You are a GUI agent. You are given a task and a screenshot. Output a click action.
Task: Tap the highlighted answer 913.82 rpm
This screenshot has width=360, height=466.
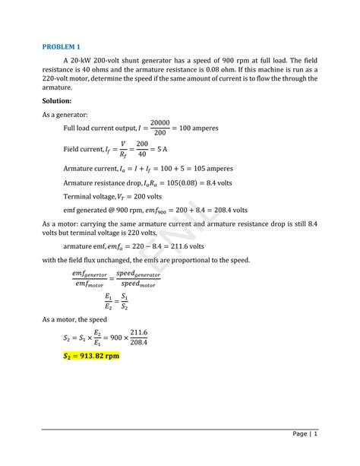click(91, 355)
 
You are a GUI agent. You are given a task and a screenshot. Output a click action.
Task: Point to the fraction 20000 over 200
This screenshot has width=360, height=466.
click(159, 127)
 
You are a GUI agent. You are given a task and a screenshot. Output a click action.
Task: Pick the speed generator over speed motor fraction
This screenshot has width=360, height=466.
click(137, 279)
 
